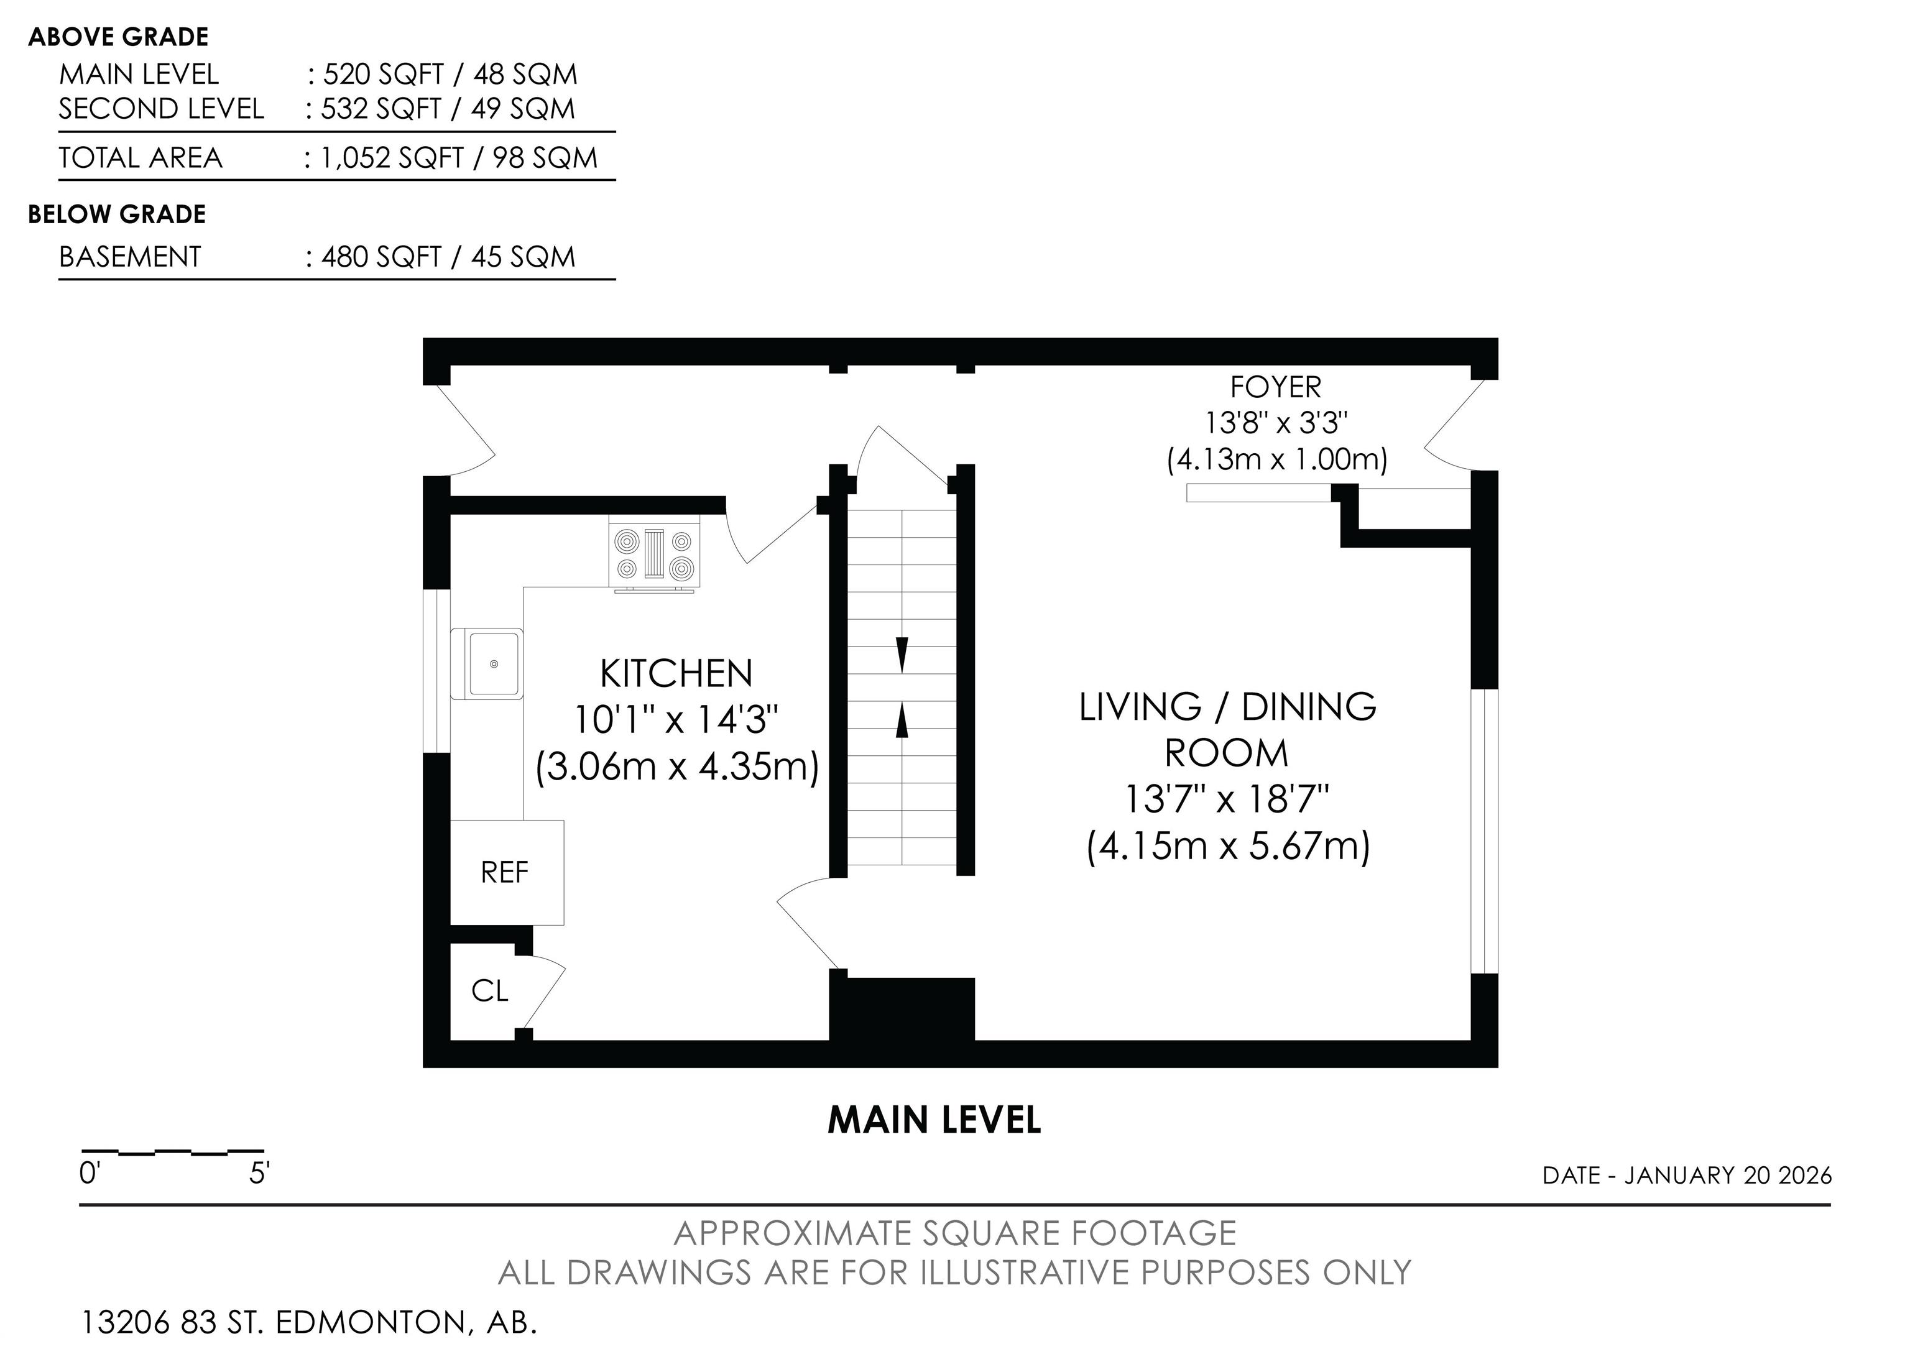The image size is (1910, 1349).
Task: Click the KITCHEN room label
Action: click(676, 674)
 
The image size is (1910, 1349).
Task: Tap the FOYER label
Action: click(1275, 387)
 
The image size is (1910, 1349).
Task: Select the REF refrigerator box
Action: click(507, 872)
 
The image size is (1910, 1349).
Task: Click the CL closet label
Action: click(489, 990)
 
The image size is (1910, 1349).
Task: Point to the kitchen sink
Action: click(487, 664)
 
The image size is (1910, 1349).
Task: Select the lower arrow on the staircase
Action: click(902, 721)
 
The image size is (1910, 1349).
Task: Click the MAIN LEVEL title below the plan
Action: click(934, 1120)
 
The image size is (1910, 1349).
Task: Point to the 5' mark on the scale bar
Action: click(259, 1174)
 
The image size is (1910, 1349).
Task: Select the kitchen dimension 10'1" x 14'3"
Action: click(676, 719)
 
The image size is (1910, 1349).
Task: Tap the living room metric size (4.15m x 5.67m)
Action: click(1228, 847)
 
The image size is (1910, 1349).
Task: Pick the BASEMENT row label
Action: click(130, 256)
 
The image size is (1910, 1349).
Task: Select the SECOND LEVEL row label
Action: click(162, 109)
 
